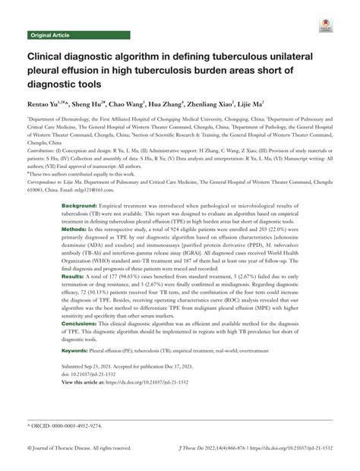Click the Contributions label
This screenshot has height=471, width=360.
(x=45, y=152)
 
